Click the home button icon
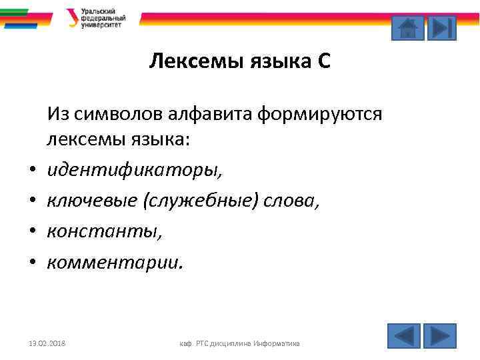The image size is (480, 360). coord(407,28)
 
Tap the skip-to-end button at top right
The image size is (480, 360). coord(441,28)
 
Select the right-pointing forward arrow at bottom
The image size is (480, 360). coord(440,335)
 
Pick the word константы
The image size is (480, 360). coord(103,231)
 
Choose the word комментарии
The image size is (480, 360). coord(113,262)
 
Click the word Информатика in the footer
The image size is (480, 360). coord(277,343)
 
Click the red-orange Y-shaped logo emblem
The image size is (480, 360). coord(72,17)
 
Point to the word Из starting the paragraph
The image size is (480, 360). coord(57,114)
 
